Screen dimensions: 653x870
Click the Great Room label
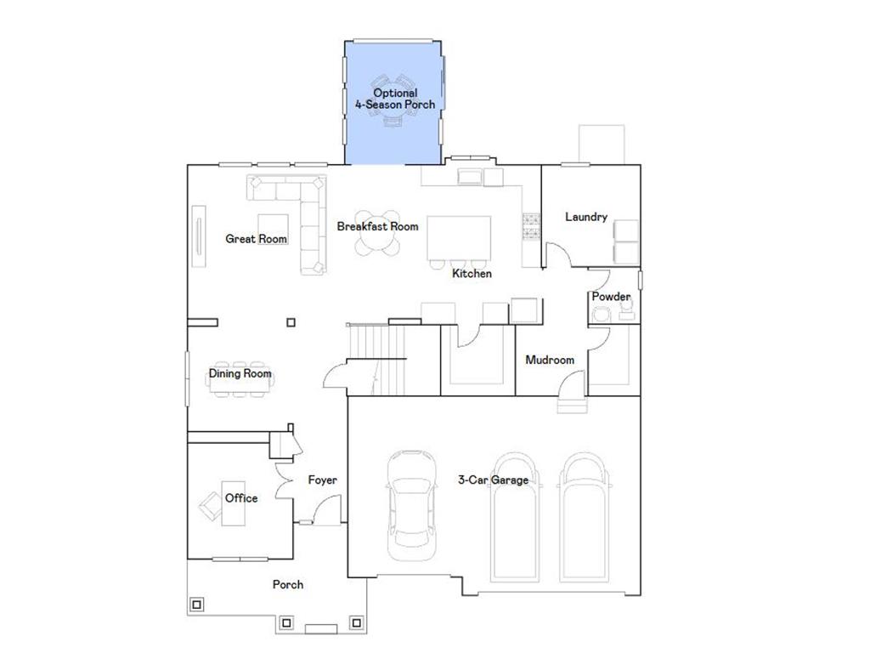[256, 239]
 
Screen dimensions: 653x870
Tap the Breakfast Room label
[377, 226]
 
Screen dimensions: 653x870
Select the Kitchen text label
[472, 274]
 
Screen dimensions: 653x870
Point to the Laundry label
[586, 217]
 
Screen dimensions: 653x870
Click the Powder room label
[611, 297]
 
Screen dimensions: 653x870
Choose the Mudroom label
[550, 360]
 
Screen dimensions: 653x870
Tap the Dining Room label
[240, 373]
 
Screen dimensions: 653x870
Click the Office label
[241, 497]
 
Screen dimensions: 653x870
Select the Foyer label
[322, 480]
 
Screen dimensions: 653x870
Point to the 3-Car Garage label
[492, 480]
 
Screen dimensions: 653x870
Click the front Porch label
[288, 584]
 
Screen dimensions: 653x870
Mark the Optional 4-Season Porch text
[395, 99]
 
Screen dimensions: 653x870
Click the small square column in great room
[291, 322]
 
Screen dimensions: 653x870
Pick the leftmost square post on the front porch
[197, 605]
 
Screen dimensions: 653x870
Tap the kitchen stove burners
[532, 225]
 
